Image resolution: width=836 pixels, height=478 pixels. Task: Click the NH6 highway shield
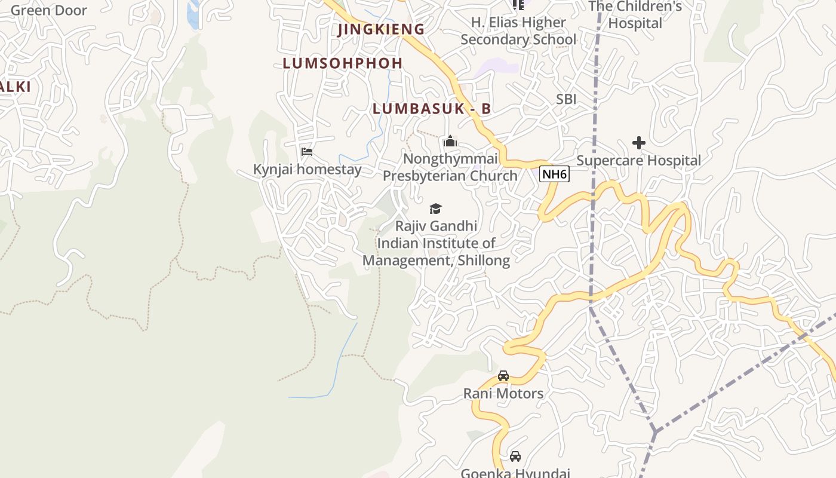pos(554,174)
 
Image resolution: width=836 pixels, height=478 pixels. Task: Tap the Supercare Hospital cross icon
pos(639,143)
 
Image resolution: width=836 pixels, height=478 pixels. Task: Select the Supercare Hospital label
pos(638,160)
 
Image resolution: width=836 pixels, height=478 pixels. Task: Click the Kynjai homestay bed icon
pos(307,152)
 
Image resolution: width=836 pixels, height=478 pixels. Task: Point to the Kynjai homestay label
pos(307,169)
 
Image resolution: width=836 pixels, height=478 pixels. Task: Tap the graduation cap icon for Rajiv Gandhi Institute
pos(436,209)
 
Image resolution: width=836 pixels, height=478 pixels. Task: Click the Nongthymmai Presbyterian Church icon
pos(450,142)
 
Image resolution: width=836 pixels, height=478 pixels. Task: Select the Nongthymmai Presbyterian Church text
pos(450,167)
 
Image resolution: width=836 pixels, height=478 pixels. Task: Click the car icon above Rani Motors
pos(503,376)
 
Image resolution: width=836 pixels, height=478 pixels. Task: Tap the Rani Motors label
pos(503,393)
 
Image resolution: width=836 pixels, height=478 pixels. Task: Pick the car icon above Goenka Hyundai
pos(515,456)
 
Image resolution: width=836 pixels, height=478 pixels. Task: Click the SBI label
pos(566,99)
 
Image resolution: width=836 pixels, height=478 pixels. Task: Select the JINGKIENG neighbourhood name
pos(381,29)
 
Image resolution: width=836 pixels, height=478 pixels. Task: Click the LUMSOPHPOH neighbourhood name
pos(343,63)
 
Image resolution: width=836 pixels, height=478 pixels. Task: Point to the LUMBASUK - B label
pos(432,109)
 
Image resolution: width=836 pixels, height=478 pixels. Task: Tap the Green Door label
pos(48,10)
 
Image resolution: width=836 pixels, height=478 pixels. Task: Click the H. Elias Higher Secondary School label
pos(518,31)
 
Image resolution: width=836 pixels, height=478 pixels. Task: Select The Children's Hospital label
pos(635,15)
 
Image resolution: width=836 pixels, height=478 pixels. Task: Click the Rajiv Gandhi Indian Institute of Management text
pos(436,243)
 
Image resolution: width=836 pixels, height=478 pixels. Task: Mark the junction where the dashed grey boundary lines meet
pos(655,431)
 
